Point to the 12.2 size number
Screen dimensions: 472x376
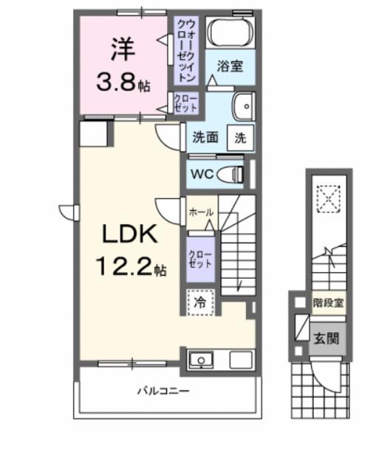[124, 267]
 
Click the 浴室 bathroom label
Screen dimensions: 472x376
[229, 66]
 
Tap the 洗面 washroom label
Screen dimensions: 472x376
[205, 137]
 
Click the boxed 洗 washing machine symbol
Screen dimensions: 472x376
[241, 137]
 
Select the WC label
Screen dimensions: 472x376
[202, 175]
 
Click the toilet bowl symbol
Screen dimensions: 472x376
[233, 174]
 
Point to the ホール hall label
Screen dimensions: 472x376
[201, 212]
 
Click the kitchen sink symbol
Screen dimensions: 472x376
[199, 361]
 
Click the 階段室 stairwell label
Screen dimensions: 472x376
[328, 302]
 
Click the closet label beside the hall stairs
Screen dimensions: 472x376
[200, 258]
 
